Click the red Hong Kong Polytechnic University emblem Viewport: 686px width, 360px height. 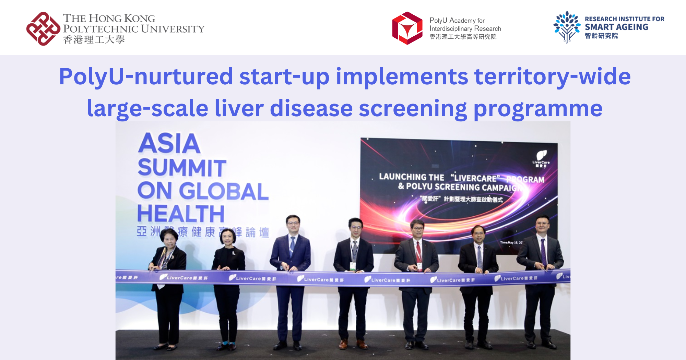43,29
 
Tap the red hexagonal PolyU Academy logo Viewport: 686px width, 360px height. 407,28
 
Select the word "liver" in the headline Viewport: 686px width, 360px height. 239,108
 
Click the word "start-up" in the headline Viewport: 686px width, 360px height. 284,76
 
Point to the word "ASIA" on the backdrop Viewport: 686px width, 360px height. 169,143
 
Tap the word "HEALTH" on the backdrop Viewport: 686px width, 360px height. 181,214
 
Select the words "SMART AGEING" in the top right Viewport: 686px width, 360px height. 616,27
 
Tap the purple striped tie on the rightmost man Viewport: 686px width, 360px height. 543,252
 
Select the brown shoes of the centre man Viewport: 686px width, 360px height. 352,343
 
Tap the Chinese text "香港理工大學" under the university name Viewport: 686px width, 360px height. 94,40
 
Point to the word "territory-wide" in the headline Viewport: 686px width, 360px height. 552,76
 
